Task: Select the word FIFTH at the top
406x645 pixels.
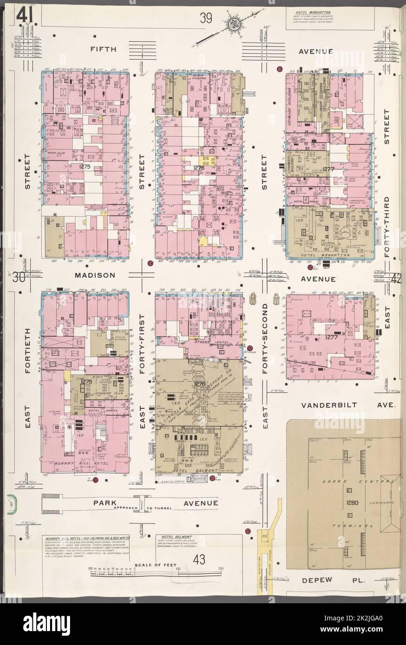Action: tap(103, 48)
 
